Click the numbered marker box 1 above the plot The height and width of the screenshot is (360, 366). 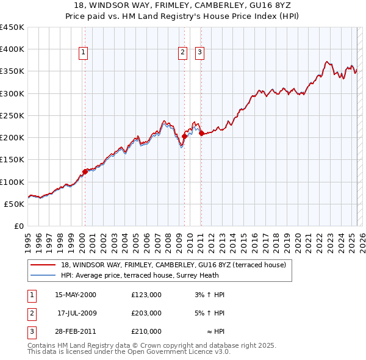coord(83,53)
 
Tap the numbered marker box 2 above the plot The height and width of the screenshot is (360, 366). coord(182,53)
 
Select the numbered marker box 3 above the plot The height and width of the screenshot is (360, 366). coord(199,53)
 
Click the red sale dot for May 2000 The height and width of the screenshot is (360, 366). coord(85,171)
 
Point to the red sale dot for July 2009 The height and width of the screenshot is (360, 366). coord(184,136)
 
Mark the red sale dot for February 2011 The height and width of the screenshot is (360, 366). coord(201,133)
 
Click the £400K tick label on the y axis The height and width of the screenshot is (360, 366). coord(12,49)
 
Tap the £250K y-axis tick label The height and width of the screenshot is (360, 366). coord(12,115)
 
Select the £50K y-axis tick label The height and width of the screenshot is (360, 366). coord(15,204)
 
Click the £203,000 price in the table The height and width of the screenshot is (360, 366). coord(146,313)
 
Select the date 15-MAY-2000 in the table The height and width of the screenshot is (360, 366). coord(76,295)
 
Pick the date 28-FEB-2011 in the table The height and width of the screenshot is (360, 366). coord(76,331)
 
